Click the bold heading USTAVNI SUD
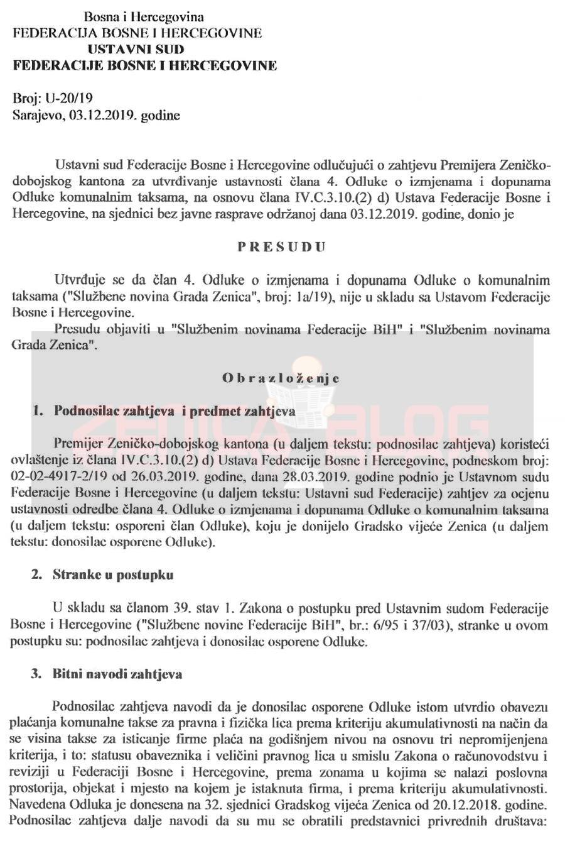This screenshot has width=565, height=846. click(136, 49)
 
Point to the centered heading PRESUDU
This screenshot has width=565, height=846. click(281, 246)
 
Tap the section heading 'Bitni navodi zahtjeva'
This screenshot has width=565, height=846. click(117, 674)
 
